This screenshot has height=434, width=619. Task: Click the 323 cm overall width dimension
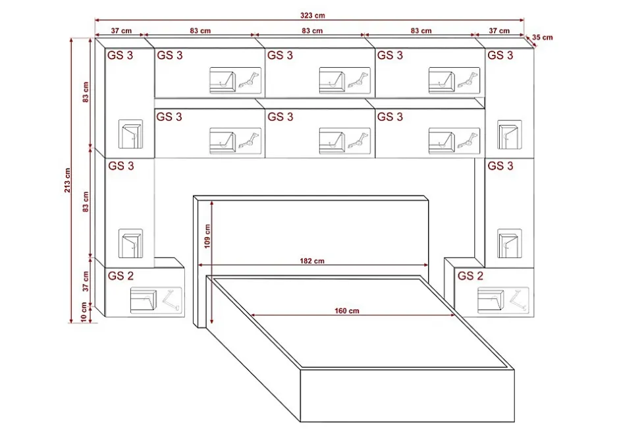[x=312, y=15]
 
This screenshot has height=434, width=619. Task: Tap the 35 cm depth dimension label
[x=543, y=38]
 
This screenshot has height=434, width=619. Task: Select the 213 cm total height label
[x=68, y=180]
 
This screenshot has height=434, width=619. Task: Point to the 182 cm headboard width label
[x=312, y=261]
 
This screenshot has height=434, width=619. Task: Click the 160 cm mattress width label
[x=347, y=311]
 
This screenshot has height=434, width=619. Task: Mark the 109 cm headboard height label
[x=207, y=236]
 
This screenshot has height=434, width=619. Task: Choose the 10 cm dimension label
[x=84, y=312]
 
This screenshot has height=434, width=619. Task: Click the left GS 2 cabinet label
[x=121, y=276]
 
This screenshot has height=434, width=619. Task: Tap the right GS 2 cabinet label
[x=470, y=276]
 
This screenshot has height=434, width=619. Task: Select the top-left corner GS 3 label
[x=120, y=55]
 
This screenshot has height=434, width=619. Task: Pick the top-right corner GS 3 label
[x=500, y=55]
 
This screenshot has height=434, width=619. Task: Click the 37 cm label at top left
[x=121, y=31]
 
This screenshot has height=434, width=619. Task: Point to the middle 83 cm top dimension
[x=312, y=31]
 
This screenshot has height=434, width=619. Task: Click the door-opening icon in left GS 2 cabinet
[x=156, y=300]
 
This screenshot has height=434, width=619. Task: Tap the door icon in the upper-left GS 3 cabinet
[x=130, y=134]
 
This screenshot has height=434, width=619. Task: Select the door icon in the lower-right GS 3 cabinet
[x=509, y=243]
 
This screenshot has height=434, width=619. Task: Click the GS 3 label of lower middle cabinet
[x=281, y=117]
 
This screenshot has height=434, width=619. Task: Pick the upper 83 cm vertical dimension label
[x=86, y=92]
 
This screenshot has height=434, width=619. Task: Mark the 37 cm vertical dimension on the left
[x=86, y=281]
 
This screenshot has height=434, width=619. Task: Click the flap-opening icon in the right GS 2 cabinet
[x=503, y=300]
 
